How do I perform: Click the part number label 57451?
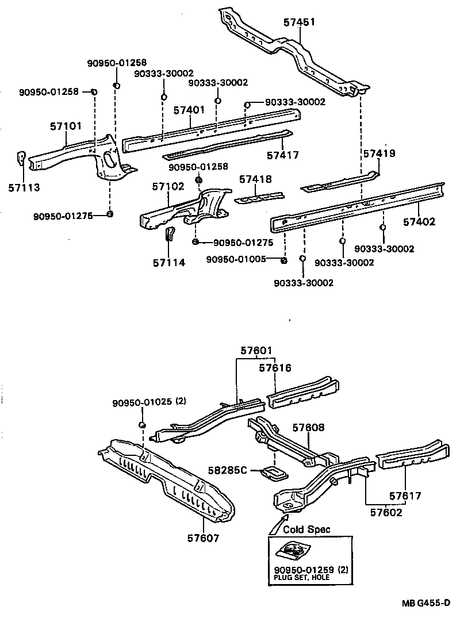[x=300, y=22]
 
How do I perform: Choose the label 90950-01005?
[x=236, y=259]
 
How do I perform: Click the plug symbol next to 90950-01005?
[x=283, y=262]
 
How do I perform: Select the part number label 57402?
[x=419, y=222]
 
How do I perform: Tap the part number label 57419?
[x=379, y=153]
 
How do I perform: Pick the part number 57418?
[x=255, y=179]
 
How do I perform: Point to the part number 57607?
[x=204, y=539]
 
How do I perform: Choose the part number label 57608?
[x=308, y=428]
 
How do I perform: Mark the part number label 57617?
[x=405, y=496]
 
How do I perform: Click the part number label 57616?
[x=275, y=367]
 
